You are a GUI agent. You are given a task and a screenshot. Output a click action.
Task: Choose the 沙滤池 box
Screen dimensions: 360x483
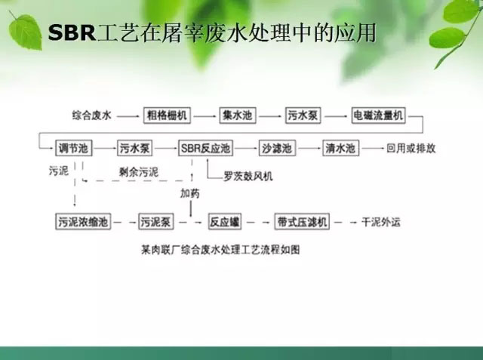276,148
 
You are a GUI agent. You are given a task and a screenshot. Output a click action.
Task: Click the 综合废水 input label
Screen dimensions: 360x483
91,115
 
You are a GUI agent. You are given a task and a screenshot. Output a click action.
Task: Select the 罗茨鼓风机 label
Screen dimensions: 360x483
248,176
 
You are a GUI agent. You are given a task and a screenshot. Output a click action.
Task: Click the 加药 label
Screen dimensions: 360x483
189,193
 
